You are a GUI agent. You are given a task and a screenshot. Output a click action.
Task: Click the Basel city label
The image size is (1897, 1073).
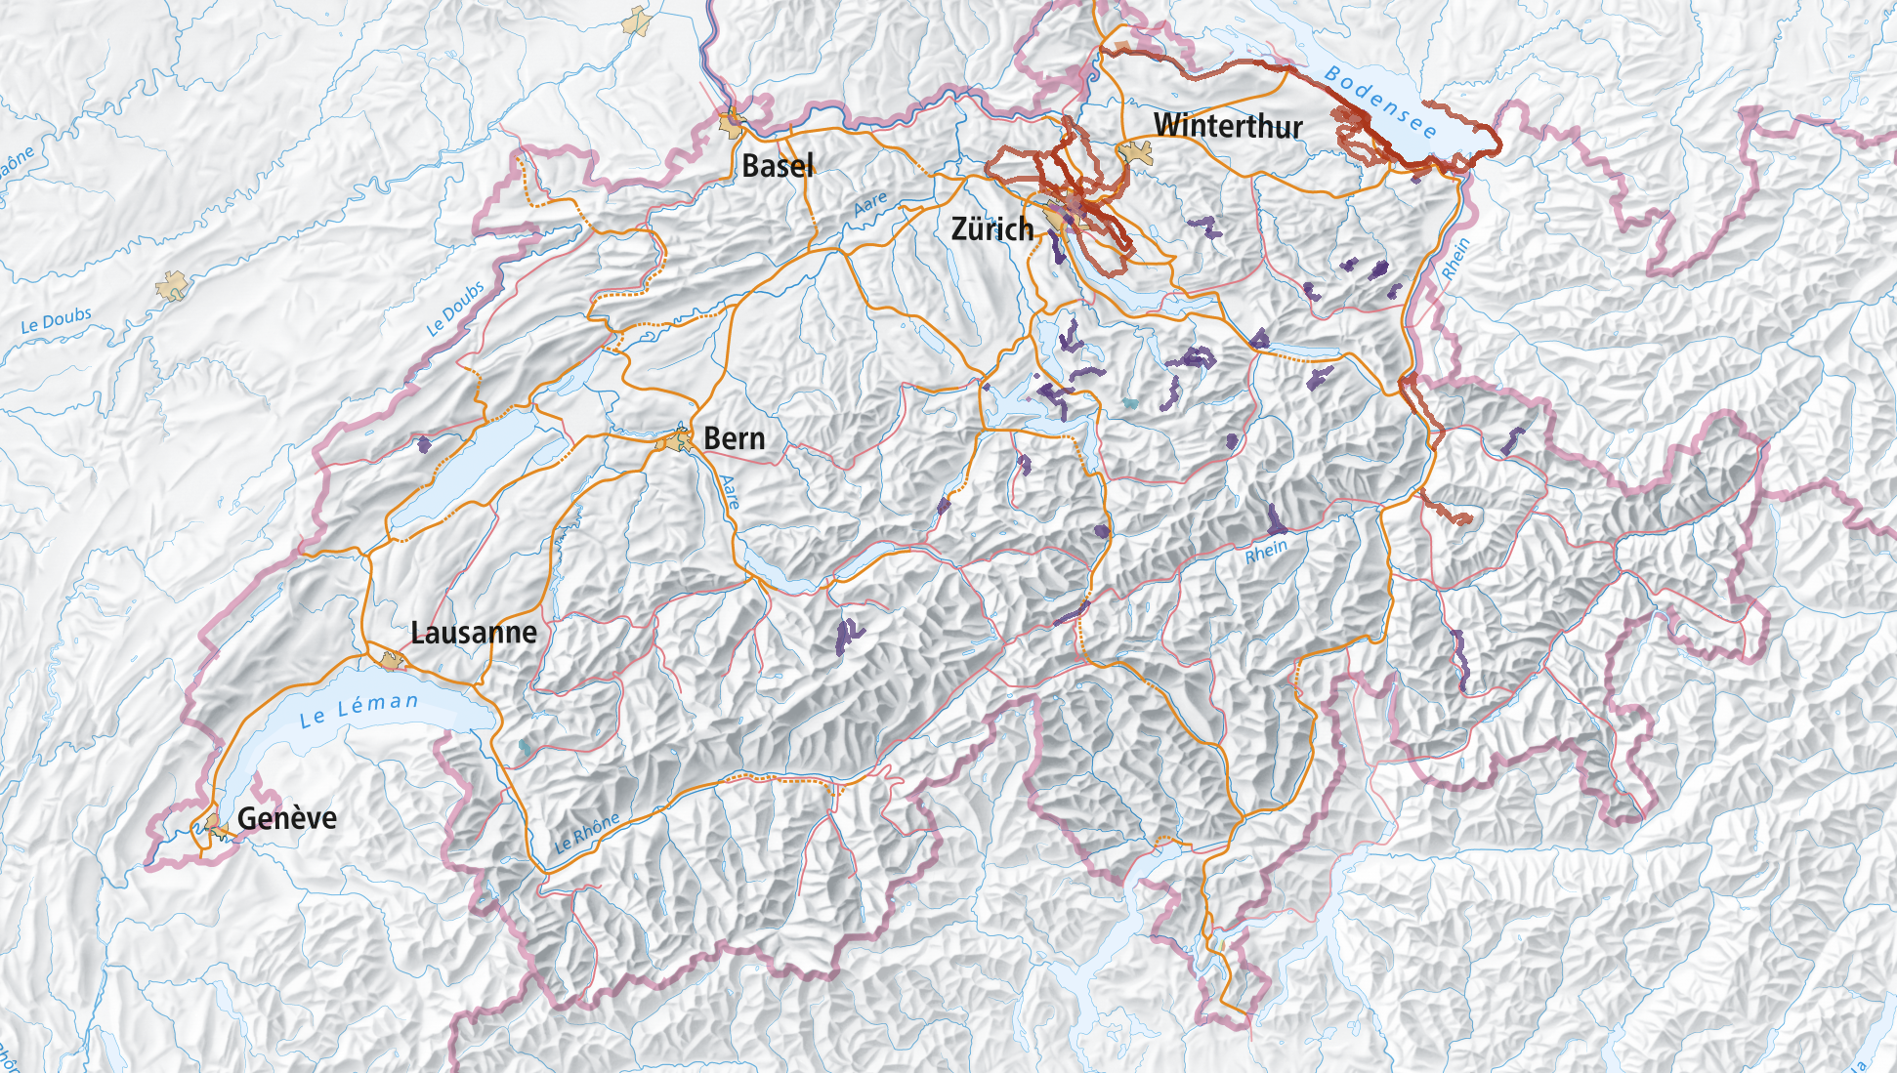[x=778, y=166]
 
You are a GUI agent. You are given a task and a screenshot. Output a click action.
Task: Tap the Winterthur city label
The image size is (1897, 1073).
[x=1228, y=126]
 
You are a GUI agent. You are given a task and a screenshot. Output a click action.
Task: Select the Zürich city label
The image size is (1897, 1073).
[x=992, y=229]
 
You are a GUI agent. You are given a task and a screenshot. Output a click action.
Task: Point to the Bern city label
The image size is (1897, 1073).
[x=735, y=438]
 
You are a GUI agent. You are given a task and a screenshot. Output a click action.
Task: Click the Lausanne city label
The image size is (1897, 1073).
[x=474, y=633]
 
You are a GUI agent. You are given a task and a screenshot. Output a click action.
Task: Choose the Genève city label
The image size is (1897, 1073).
[x=287, y=818]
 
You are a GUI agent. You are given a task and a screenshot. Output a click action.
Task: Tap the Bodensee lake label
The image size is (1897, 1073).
[x=1380, y=102]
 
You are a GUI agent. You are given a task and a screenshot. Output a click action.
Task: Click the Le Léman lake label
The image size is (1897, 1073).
[x=358, y=710]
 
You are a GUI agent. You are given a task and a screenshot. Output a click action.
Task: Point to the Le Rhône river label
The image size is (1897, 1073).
[x=586, y=833]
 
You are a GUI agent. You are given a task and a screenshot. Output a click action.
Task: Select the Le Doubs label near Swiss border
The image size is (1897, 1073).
[x=455, y=309]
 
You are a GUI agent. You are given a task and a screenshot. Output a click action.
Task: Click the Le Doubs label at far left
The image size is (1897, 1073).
[x=57, y=319]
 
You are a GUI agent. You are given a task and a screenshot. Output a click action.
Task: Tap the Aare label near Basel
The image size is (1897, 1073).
[x=870, y=203]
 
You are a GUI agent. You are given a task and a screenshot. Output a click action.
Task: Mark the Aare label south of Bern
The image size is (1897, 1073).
[x=730, y=492]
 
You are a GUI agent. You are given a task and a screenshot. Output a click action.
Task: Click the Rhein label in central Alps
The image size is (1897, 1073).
[x=1266, y=552]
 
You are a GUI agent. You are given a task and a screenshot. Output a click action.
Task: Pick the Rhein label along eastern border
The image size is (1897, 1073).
[x=1455, y=259]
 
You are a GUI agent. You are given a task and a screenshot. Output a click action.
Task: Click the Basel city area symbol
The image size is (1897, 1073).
[x=732, y=125]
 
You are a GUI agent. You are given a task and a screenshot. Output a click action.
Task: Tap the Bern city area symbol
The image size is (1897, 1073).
[x=676, y=441]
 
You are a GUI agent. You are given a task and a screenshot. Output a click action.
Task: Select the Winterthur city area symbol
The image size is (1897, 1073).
[x=1136, y=152]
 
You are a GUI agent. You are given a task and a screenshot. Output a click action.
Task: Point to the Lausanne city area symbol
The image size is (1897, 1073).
[x=393, y=661]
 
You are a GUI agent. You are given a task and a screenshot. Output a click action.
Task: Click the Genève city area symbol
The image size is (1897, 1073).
[x=215, y=826]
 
